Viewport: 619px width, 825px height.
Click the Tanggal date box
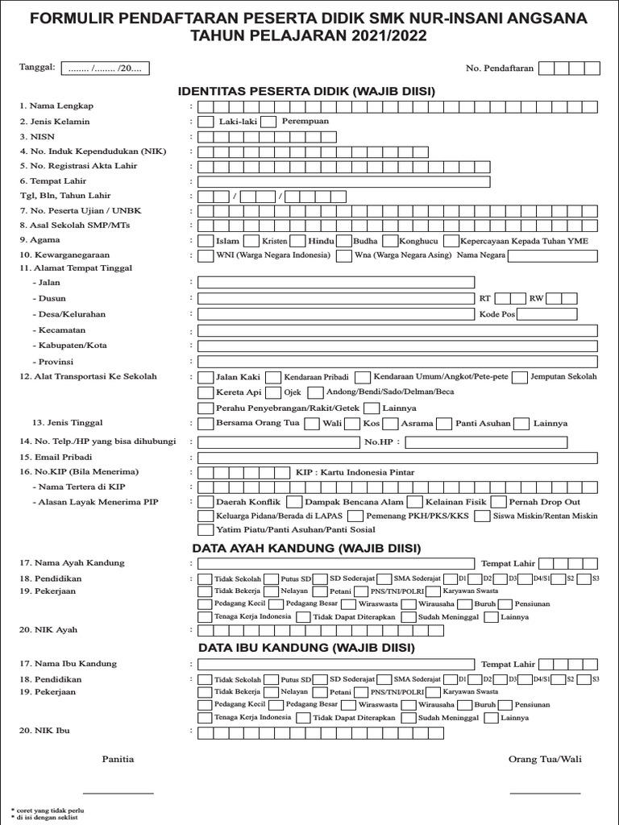point(105,68)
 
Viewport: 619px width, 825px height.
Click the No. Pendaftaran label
point(500,69)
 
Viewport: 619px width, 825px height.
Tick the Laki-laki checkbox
point(206,122)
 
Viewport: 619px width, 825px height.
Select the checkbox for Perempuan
point(269,122)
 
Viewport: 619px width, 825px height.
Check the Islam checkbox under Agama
point(206,241)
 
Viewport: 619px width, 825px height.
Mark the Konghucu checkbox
point(390,241)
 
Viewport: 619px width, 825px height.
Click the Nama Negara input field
point(553,256)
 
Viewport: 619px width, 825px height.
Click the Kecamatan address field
point(397,330)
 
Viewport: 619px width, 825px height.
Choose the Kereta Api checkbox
point(206,392)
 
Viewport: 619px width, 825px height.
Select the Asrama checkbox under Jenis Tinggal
point(390,423)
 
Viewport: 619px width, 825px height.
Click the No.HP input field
point(501,442)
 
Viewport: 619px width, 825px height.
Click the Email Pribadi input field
point(397,458)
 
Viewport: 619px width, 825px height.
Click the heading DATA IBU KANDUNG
point(306,647)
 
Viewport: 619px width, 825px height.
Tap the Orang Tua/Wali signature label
point(545,759)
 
